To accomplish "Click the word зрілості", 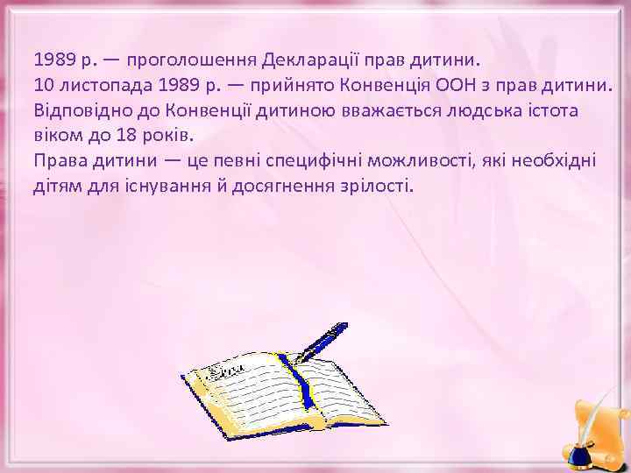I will pyautogui.click(x=377, y=187).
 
